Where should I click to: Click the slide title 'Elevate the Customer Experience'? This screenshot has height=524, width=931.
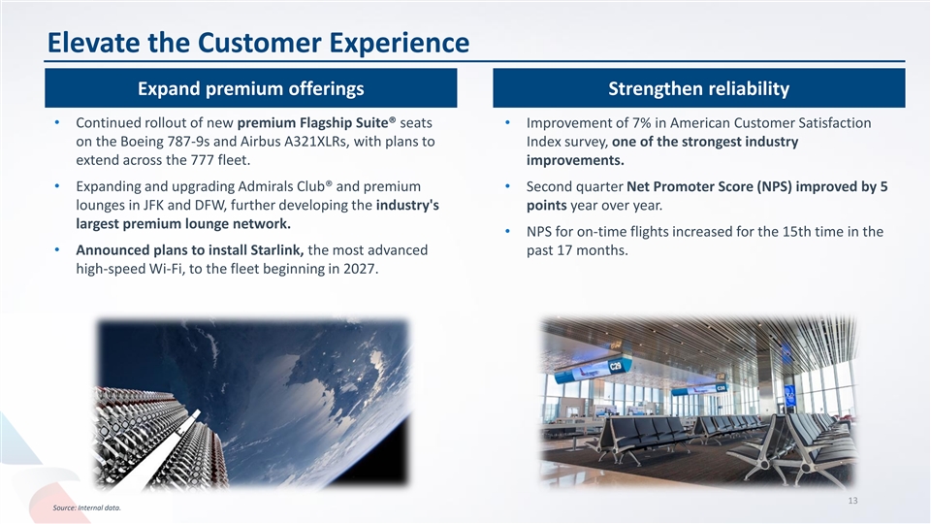(x=258, y=43)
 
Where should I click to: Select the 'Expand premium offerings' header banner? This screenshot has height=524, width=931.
(x=250, y=88)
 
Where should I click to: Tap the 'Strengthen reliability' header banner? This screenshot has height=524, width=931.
(x=699, y=88)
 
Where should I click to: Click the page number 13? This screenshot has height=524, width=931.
(x=852, y=501)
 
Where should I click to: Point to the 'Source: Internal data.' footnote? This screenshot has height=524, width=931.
(x=86, y=508)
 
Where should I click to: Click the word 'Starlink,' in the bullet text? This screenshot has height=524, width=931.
(x=277, y=249)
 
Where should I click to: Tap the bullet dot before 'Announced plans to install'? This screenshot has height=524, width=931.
(x=57, y=249)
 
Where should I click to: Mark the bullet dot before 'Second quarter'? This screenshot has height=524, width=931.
(x=507, y=186)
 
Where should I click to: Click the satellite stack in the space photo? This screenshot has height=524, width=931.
(x=160, y=437)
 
